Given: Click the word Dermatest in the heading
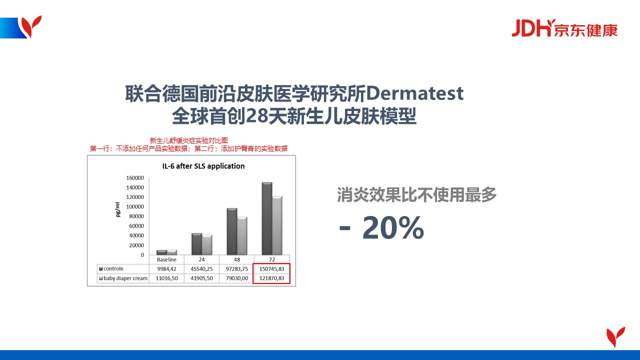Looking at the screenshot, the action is coord(414,93).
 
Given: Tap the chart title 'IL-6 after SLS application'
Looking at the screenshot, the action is coord(203,166).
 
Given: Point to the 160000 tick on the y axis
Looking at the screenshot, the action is coord(135,177).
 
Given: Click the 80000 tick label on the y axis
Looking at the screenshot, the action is coord(136,216).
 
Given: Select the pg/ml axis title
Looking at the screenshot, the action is coord(117,209).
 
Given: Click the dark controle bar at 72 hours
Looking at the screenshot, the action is coord(267,218).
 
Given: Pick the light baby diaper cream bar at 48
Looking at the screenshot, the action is coord(242,235).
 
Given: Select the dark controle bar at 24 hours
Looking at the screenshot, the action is coord(196,244).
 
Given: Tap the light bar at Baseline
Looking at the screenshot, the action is coord(172,252).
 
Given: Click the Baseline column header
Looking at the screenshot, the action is coord(166,259).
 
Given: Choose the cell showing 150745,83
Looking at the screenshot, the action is coord(271,269).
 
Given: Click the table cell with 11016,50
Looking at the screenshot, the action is coord(166,278).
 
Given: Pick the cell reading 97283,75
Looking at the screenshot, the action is coord(236,269).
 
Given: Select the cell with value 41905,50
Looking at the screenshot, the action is coord(201,278).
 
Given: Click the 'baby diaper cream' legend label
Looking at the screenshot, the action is coord(125,278).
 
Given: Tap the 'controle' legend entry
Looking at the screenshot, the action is coord(113,268).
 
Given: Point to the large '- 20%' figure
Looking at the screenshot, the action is coord(381,227).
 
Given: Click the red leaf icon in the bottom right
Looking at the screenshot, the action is coord(615,337).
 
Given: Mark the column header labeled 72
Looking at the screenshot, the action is coord(271,259).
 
